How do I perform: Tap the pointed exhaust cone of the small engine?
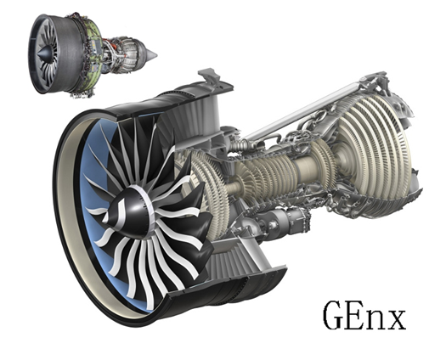coord(150,54)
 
